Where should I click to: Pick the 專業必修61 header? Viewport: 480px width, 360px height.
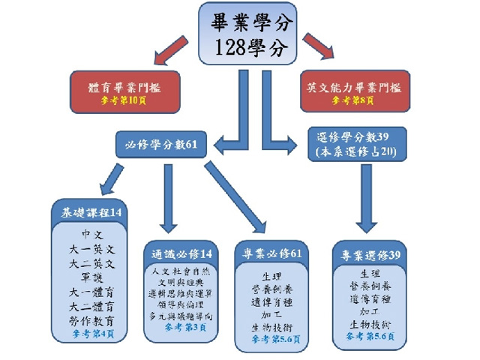tap(269, 253)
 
